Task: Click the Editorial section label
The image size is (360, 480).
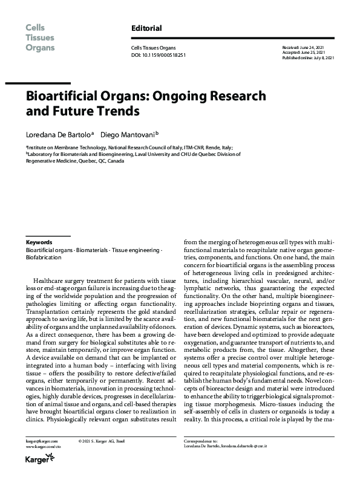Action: point(146,28)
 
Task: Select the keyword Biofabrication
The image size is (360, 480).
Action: point(44,256)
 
